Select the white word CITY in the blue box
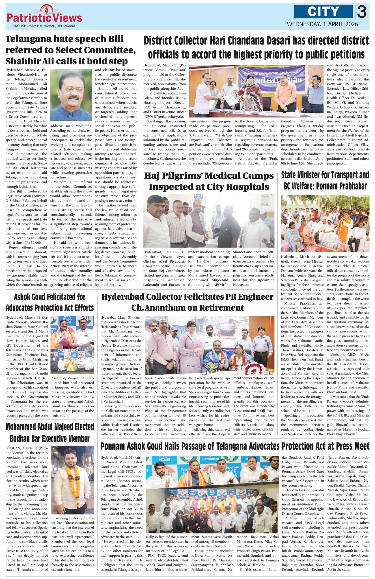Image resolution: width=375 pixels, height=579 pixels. click(323, 12)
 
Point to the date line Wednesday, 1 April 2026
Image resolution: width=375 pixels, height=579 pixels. click(322, 24)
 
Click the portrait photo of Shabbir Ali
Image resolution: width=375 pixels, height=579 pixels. click(71, 95)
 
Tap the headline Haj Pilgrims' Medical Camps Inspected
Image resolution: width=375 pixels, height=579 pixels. click(209, 181)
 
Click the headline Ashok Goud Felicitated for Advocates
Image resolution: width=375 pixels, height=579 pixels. click(49, 302)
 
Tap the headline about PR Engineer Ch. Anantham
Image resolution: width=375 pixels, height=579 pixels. click(187, 302)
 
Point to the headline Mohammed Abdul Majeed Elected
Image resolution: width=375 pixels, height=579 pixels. click(49, 433)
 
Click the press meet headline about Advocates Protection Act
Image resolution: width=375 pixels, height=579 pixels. click(235, 446)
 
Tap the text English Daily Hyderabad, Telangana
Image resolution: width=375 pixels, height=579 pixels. click(44, 26)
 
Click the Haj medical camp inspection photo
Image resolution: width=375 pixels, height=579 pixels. click(209, 221)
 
